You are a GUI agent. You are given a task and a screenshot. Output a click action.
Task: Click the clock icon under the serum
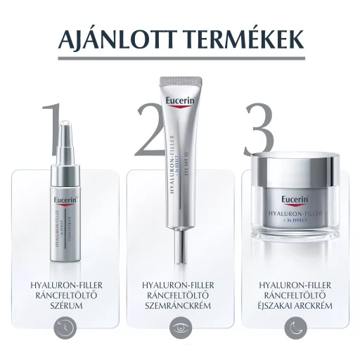65,327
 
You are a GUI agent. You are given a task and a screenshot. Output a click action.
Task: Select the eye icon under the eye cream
180,327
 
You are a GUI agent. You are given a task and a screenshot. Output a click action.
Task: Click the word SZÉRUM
65,307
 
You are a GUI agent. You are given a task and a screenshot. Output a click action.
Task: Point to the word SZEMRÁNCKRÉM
180,307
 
